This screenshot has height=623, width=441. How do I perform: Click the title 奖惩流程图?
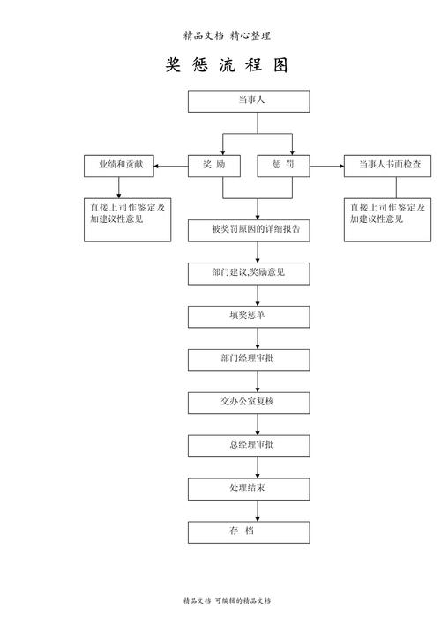(227, 66)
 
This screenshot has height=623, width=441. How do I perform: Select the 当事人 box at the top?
(249, 101)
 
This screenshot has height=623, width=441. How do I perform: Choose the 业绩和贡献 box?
(120, 165)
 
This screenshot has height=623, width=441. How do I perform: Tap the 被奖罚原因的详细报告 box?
(249, 230)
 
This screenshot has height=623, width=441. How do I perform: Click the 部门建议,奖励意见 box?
(249, 273)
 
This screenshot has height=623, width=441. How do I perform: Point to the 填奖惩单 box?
(249, 315)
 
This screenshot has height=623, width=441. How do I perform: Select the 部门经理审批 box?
(249, 359)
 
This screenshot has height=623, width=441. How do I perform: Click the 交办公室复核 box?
(249, 402)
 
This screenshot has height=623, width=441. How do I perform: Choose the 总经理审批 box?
(249, 445)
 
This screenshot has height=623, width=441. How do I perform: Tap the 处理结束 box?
(249, 488)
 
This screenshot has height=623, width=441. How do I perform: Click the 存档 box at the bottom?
(249, 531)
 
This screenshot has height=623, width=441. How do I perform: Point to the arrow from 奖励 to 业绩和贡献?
(171, 165)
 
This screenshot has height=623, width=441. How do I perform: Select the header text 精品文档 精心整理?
(227, 36)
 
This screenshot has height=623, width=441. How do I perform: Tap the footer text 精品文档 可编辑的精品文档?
(227, 600)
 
